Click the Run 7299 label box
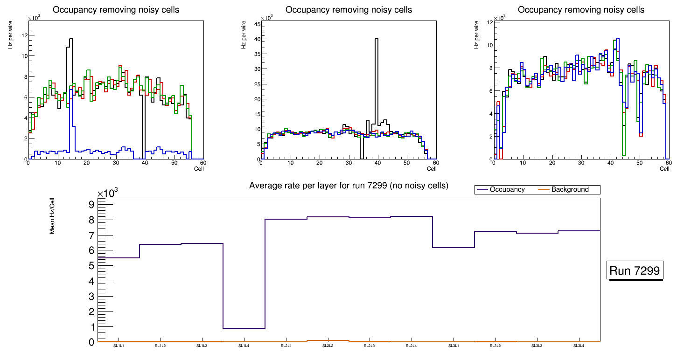tap(636, 271)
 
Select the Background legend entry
tap(570, 190)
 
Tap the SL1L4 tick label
tap(244, 346)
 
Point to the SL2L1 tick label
tap(286, 346)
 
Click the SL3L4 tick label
tap(579, 346)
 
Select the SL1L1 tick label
tap(119, 346)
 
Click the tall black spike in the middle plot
tap(376, 70)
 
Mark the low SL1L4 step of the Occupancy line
tap(244, 328)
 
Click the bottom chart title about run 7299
tap(349, 186)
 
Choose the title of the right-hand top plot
tap(581, 10)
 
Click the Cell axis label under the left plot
tap(198, 169)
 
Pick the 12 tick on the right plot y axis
tap(489, 22)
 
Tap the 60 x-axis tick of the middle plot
tap(435, 163)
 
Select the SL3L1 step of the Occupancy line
tap(454, 247)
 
